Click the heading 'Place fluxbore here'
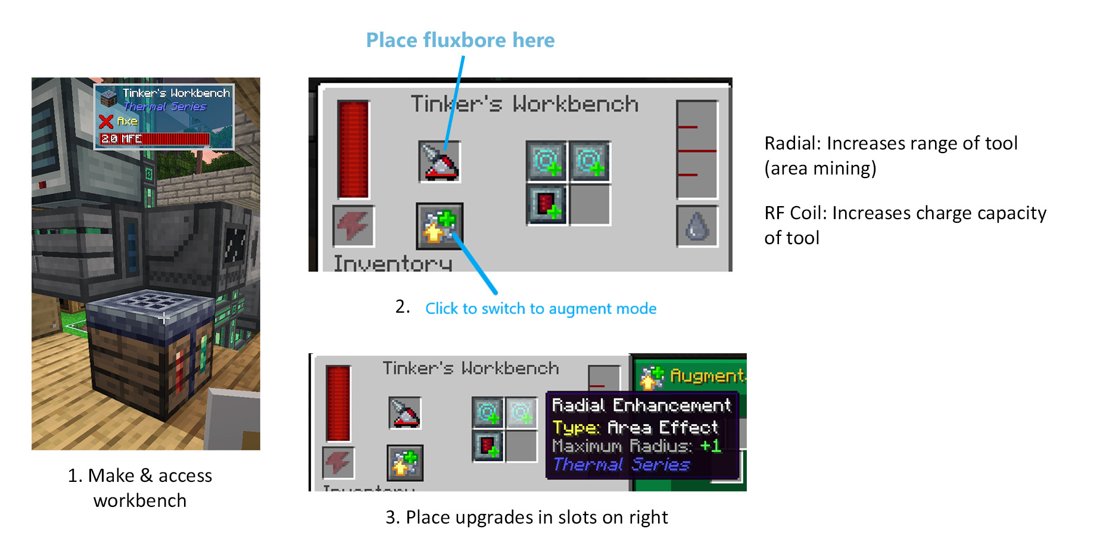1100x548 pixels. pyautogui.click(x=460, y=41)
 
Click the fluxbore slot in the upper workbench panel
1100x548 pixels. pyautogui.click(x=440, y=161)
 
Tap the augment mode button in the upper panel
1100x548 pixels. pyautogui.click(x=440, y=226)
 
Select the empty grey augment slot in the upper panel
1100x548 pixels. pyautogui.click(x=590, y=205)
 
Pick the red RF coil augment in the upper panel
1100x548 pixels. pyautogui.click(x=547, y=205)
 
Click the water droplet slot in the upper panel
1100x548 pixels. pyautogui.click(x=697, y=226)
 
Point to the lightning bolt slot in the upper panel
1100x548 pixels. pyautogui.click(x=353, y=226)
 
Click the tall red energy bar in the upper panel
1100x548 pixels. pyautogui.click(x=353, y=149)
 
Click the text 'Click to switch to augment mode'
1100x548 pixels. pyautogui.click(x=541, y=309)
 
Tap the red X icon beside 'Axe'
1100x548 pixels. pyautogui.click(x=106, y=122)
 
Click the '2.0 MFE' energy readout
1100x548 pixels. pyautogui.click(x=121, y=139)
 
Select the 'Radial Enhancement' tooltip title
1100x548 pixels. pyautogui.click(x=641, y=406)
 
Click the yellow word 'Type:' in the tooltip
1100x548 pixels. pyautogui.click(x=575, y=428)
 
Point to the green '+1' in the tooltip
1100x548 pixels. pyautogui.click(x=710, y=446)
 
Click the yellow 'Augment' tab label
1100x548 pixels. pyautogui.click(x=706, y=376)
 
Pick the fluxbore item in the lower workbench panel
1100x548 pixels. pyautogui.click(x=405, y=413)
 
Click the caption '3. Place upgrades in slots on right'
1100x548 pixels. pyautogui.click(x=526, y=517)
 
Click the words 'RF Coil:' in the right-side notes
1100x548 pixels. pyautogui.click(x=796, y=213)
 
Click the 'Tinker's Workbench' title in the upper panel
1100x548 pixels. pyautogui.click(x=525, y=105)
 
